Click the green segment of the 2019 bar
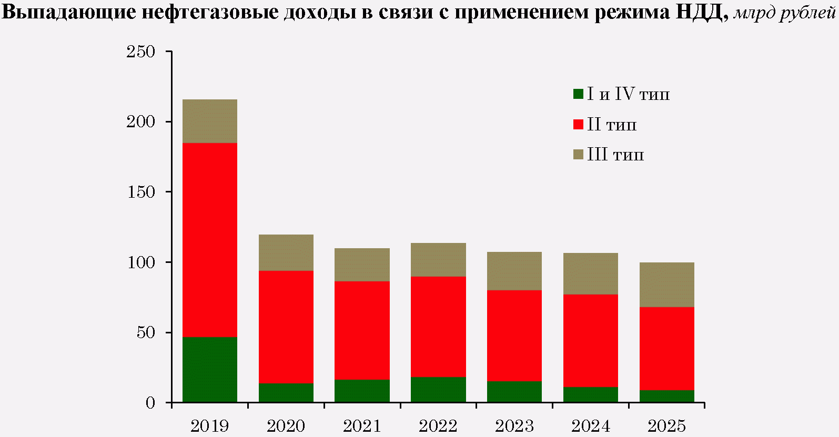point(209,370)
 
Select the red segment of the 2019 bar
point(209,240)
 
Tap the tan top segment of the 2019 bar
point(209,121)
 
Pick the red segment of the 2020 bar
point(286,327)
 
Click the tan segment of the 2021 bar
point(362,265)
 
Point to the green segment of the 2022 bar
point(438,390)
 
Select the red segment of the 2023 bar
point(514,336)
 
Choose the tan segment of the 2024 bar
point(590,273)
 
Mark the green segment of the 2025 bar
point(666,396)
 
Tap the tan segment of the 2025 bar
point(666,284)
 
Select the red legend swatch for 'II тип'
point(578,125)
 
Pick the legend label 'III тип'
point(615,155)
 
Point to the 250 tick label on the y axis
point(141,52)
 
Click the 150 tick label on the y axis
point(141,192)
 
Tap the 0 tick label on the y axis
point(150,403)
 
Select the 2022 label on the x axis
point(438,426)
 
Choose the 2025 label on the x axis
point(666,426)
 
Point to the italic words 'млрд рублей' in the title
point(784,13)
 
